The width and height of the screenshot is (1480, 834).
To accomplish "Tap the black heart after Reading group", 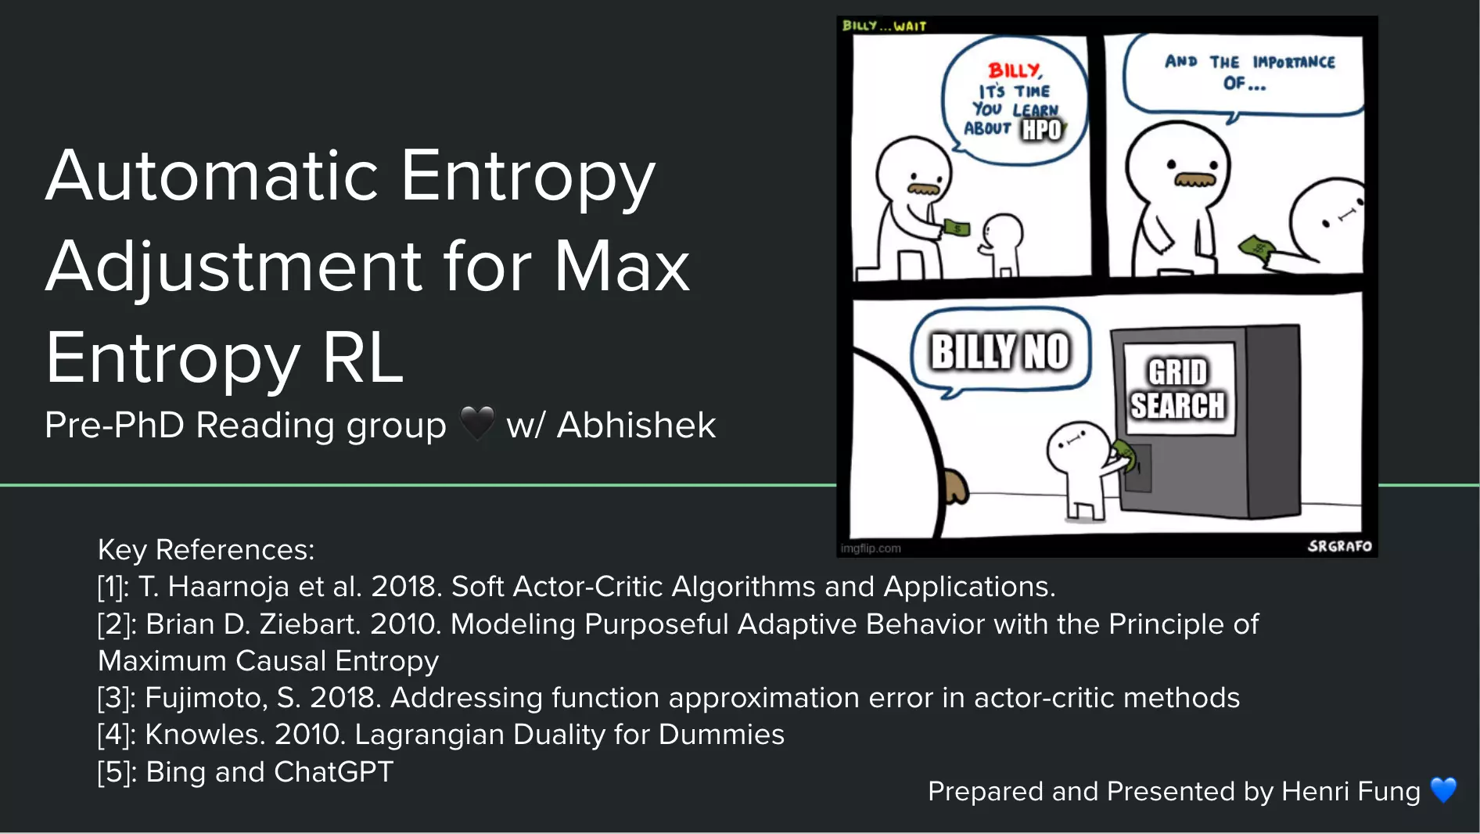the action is (477, 423).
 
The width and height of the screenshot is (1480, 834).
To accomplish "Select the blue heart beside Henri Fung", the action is (1444, 790).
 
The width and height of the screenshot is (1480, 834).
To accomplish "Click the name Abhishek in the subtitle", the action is (636, 425).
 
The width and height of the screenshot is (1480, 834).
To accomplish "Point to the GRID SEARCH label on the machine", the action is (1177, 389).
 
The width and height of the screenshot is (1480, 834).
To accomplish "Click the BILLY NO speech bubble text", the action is (1000, 351).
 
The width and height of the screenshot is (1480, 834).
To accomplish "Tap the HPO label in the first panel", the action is (1042, 130).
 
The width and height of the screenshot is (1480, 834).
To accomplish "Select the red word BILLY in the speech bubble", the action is (1015, 70).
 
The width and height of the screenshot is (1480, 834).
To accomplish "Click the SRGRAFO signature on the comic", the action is (1340, 546).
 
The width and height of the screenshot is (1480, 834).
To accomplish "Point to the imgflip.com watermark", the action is (871, 548).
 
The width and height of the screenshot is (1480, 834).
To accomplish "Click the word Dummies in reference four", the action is (721, 735).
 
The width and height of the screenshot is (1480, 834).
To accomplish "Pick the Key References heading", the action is (206, 550).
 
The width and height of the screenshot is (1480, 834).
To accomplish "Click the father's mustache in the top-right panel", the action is (1195, 180).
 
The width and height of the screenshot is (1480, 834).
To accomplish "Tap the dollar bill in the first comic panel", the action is (957, 228).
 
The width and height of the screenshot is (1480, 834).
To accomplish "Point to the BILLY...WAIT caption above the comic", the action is (884, 26).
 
